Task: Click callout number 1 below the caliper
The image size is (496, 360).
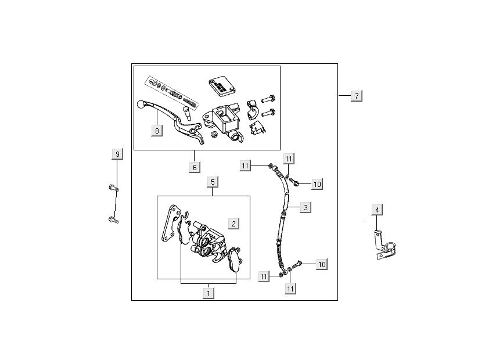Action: click(208, 293)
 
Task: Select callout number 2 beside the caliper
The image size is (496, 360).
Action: click(233, 224)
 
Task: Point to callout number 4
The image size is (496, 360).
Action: click(377, 210)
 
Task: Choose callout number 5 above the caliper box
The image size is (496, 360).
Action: click(213, 182)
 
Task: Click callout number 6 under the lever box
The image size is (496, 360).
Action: click(195, 167)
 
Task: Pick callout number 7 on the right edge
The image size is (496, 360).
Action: click(357, 95)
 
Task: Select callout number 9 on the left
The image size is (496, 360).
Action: click(117, 154)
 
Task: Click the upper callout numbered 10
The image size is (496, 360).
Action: click(317, 184)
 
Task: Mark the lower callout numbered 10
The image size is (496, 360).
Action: click(322, 264)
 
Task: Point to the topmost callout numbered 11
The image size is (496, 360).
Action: click(289, 158)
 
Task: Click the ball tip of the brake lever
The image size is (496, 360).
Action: click(139, 105)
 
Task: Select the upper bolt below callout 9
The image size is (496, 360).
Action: click(113, 188)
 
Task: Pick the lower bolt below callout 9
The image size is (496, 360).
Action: click(113, 220)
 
